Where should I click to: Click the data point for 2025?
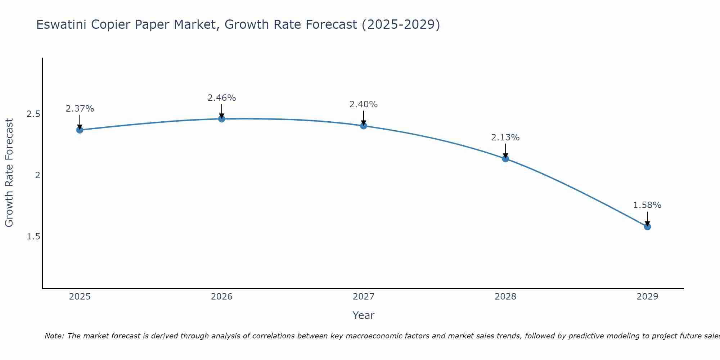[80, 130]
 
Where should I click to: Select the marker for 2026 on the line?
[221, 119]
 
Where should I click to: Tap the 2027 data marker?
[364, 126]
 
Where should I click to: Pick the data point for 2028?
[505, 159]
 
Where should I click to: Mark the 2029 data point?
[647, 226]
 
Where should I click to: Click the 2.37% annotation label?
[80, 109]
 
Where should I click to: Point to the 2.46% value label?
[221, 98]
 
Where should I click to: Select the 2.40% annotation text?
[364, 104]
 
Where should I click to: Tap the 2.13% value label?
[505, 138]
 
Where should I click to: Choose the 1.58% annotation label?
[647, 205]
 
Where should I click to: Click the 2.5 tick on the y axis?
[33, 114]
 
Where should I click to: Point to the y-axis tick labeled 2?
[37, 175]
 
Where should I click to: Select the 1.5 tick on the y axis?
[33, 237]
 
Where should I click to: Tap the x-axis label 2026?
[221, 297]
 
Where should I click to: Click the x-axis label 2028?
[505, 297]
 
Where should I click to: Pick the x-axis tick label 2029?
[647, 297]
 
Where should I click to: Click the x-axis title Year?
[363, 315]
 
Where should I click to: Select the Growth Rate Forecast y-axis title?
[9, 173]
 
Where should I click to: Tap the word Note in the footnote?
[54, 336]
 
